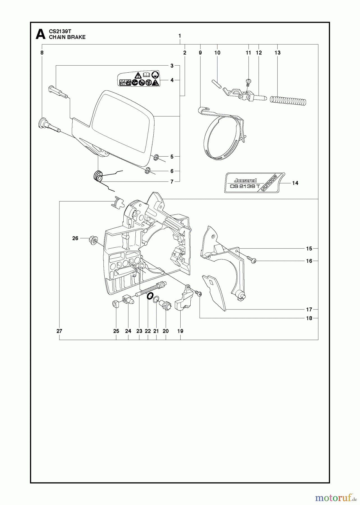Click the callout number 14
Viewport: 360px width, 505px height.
295,183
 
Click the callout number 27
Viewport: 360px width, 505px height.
59,331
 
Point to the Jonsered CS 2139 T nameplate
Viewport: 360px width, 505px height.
254,183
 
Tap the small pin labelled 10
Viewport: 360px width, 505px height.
216,83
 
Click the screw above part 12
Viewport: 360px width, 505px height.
248,82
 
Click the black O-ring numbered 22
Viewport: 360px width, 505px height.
150,296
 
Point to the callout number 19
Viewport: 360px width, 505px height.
180,331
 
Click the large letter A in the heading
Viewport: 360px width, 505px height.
41,34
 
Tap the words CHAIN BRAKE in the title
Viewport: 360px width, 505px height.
67,37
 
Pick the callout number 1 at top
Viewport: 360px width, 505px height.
180,36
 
